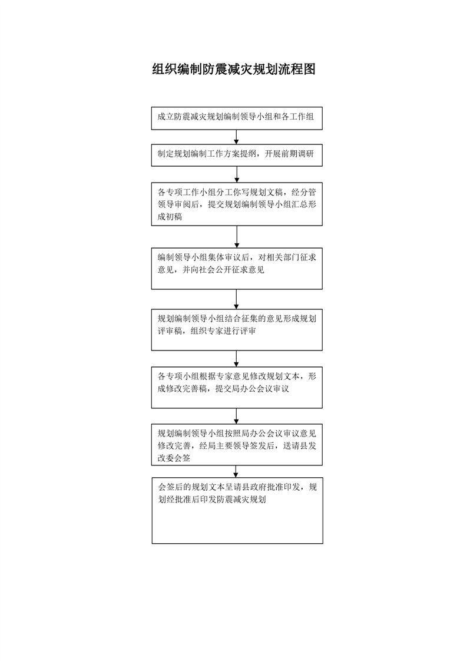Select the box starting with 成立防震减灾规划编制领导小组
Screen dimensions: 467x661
(237, 118)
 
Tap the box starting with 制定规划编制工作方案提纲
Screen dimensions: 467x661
(237, 155)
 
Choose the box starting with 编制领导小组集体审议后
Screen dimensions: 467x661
(237, 269)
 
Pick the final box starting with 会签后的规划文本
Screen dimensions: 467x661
(237, 511)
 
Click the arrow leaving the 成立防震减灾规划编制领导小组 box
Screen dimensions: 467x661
(237, 137)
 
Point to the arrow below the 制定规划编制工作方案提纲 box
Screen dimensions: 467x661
(237, 174)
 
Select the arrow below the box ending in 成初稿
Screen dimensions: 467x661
(237, 237)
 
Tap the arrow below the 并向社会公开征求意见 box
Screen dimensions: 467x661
(237, 299)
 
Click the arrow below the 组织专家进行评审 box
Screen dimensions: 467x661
(237, 359)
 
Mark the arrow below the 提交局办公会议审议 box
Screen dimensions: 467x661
(237, 416)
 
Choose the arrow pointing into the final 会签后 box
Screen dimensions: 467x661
(236, 471)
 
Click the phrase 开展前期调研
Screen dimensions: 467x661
(289, 154)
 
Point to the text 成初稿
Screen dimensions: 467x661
(170, 217)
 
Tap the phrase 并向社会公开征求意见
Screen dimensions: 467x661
(223, 270)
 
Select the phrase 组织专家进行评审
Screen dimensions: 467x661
(223, 331)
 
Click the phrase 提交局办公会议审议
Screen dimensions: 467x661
(252, 389)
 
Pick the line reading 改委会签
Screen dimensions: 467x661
(174, 458)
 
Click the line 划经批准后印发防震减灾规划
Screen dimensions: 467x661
(212, 500)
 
